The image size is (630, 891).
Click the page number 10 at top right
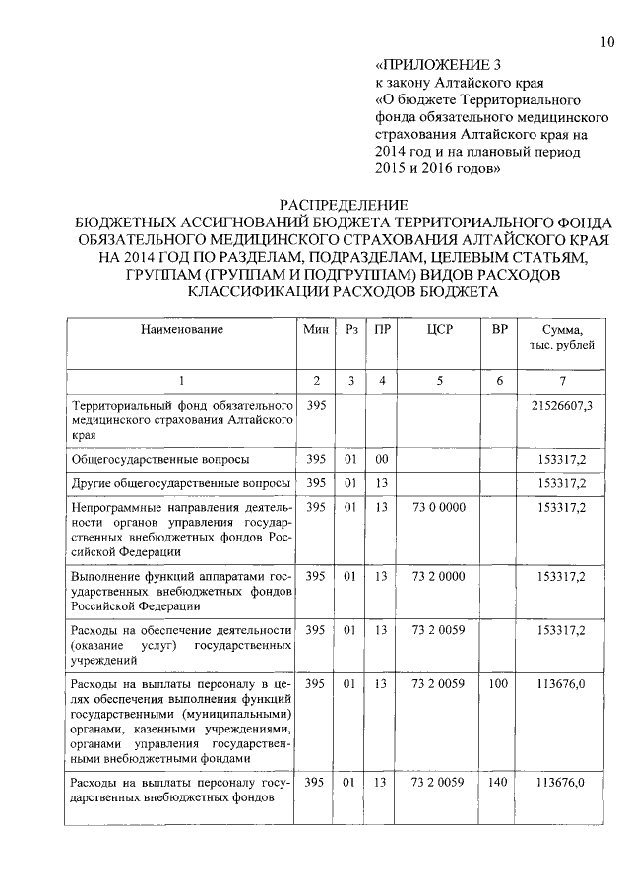tap(606, 41)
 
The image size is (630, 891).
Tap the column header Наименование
tap(181, 329)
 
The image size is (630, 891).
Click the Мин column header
tap(316, 329)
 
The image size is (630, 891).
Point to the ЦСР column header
tap(439, 329)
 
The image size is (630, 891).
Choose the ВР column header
tap(499, 329)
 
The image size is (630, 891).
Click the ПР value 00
tap(381, 459)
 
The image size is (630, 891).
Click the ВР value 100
tap(499, 682)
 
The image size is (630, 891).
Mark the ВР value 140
tap(499, 782)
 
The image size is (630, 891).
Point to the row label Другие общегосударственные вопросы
tap(180, 483)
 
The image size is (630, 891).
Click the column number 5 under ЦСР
tap(439, 380)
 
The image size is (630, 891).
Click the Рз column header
tap(350, 329)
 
